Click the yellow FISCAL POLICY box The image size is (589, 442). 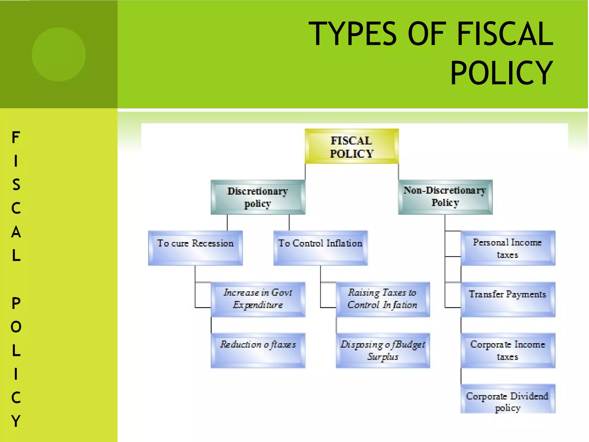(x=351, y=146)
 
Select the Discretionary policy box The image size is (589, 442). (x=258, y=197)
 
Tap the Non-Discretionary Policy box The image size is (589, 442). (x=445, y=197)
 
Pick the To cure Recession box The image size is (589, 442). (x=195, y=248)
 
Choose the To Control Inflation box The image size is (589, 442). (x=320, y=248)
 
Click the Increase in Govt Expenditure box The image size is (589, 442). (x=258, y=299)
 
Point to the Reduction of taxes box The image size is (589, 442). (x=258, y=350)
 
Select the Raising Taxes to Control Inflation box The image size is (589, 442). (x=383, y=299)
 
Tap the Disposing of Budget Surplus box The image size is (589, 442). (x=383, y=350)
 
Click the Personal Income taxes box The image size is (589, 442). (x=508, y=248)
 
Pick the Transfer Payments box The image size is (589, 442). (x=508, y=299)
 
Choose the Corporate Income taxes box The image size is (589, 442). (x=508, y=350)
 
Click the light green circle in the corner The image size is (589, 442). (x=59, y=54)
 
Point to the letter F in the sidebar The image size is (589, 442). (x=16, y=137)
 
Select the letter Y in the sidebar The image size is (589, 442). (x=16, y=421)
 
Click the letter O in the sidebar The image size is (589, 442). (x=16, y=327)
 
